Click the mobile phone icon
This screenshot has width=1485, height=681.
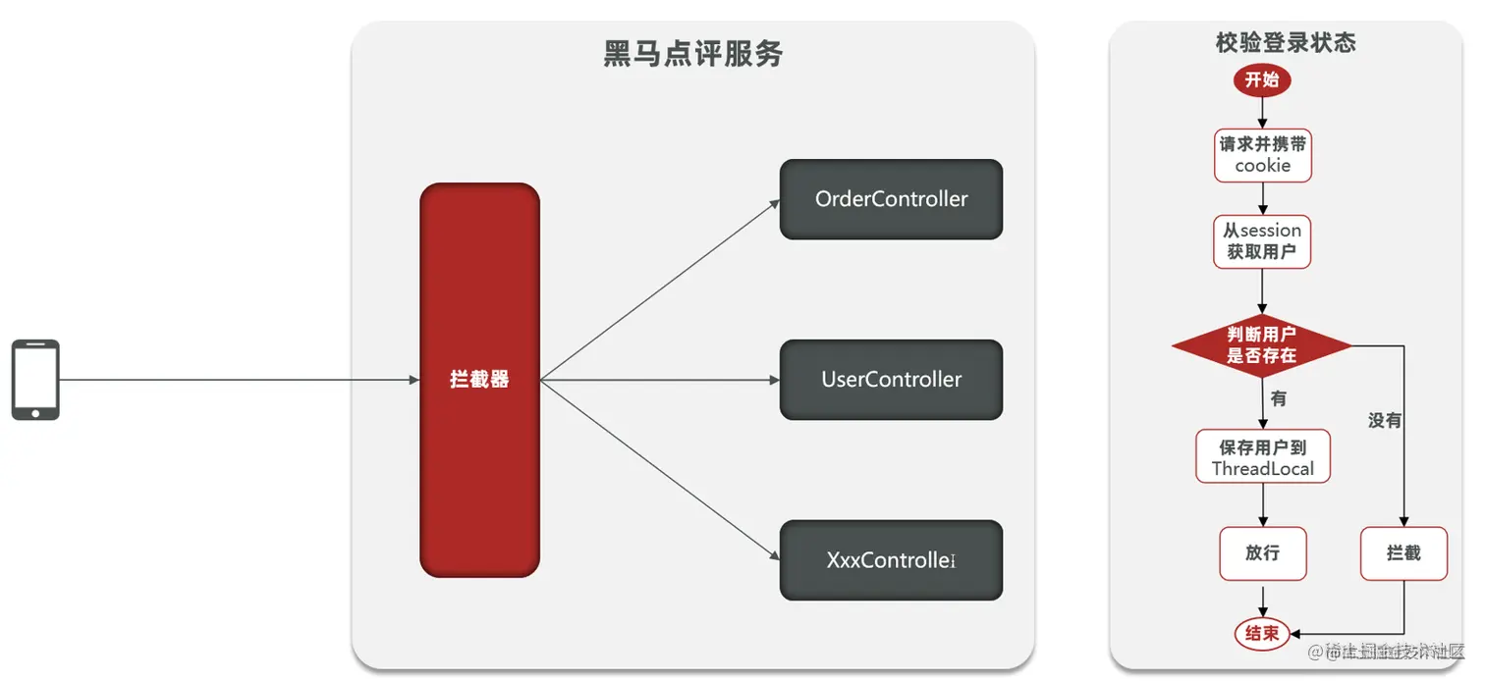pyautogui.click(x=35, y=380)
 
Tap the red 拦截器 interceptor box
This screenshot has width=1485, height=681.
pyautogui.click(x=479, y=380)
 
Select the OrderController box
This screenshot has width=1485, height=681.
pyautogui.click(x=891, y=199)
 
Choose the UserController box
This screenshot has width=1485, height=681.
pyautogui.click(x=891, y=380)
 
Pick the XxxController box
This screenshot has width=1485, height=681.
pyautogui.click(x=891, y=560)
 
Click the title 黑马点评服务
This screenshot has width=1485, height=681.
pyautogui.click(x=692, y=53)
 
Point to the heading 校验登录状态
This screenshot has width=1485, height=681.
pyautogui.click(x=1285, y=42)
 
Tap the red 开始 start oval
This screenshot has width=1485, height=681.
pyautogui.click(x=1262, y=80)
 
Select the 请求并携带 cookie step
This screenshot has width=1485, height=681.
pyautogui.click(x=1262, y=155)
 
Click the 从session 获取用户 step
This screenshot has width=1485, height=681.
pyautogui.click(x=1262, y=240)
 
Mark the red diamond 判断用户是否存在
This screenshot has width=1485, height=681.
pyautogui.click(x=1262, y=345)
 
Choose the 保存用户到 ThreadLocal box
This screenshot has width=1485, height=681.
pyautogui.click(x=1263, y=457)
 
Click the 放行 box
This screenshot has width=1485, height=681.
pyautogui.click(x=1262, y=553)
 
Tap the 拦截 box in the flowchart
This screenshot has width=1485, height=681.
pyautogui.click(x=1403, y=553)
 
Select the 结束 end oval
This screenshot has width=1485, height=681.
pyautogui.click(x=1262, y=634)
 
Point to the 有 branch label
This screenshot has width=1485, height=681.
pyautogui.click(x=1278, y=399)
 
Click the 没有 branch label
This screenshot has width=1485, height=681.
pyautogui.click(x=1385, y=420)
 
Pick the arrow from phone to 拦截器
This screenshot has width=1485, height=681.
pyautogui.click(x=236, y=380)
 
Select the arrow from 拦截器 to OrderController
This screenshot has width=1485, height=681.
pyautogui.click(x=658, y=290)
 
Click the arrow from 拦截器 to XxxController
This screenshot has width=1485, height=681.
pyautogui.click(x=658, y=470)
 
